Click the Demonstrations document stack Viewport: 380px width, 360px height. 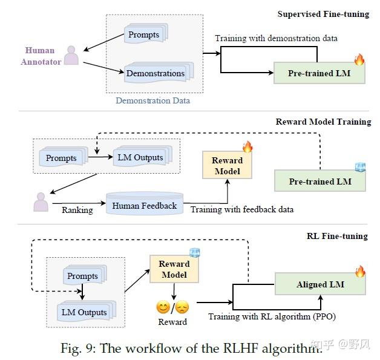coord(159,73)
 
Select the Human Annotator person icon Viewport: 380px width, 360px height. coord(71,55)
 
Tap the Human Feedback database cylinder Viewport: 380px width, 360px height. coord(145,203)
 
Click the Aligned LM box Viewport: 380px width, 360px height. coord(320,284)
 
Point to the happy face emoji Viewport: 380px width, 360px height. coord(163,307)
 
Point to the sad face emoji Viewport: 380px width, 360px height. coord(182,307)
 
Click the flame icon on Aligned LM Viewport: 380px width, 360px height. coord(360,271)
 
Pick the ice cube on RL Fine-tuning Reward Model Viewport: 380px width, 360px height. coord(195,253)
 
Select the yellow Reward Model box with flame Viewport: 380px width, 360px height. coord(227,165)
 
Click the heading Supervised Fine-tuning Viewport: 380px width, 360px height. coord(323,14)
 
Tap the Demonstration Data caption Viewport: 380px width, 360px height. coord(152,100)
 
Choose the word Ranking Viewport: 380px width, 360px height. coord(77,210)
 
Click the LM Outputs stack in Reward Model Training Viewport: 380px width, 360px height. coord(143,155)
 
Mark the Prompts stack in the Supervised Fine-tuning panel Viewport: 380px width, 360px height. coord(146,33)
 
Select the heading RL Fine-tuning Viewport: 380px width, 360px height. coord(337,236)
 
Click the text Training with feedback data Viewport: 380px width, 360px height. coord(242,209)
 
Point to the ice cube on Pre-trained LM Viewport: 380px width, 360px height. coord(361,167)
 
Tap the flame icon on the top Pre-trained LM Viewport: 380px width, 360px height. coord(359,59)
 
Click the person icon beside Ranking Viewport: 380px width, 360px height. coord(41,202)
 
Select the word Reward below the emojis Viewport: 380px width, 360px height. coord(172,322)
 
